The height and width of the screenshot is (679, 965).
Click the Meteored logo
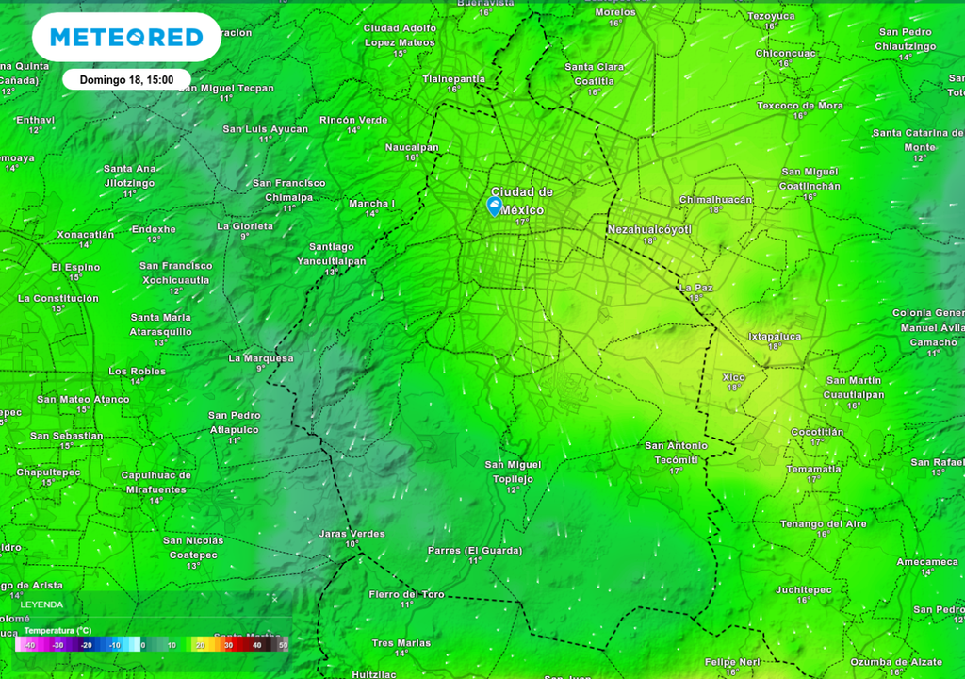click(x=126, y=38)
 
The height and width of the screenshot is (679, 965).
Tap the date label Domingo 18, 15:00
click(x=126, y=80)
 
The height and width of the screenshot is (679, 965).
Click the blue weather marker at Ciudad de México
click(x=494, y=206)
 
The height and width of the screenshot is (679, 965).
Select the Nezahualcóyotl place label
click(x=649, y=229)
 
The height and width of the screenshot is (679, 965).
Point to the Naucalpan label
click(x=412, y=147)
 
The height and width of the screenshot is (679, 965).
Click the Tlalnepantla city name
click(x=453, y=78)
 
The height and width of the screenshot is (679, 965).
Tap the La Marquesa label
click(x=261, y=358)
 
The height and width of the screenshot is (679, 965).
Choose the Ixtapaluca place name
click(x=774, y=336)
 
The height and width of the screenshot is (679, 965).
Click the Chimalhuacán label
click(x=715, y=200)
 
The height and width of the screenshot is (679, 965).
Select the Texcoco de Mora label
click(x=800, y=106)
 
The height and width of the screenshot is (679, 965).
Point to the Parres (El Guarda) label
click(x=474, y=551)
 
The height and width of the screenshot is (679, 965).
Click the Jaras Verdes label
click(x=352, y=534)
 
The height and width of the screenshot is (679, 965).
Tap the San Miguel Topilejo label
click(x=513, y=472)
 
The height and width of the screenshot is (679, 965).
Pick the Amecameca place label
click(x=927, y=562)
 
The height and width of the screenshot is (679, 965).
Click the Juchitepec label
click(x=803, y=589)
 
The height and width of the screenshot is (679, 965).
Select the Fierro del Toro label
click(x=406, y=594)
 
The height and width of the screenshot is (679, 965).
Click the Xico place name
click(x=733, y=377)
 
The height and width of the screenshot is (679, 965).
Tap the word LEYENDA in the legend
click(x=43, y=604)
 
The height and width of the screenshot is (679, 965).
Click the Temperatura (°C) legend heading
click(x=57, y=630)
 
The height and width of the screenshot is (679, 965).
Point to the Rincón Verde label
click(x=353, y=120)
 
